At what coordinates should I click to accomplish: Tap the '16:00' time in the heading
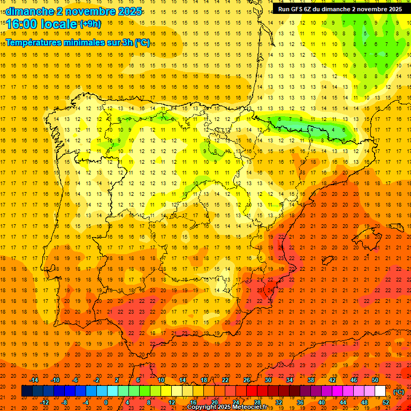point(22,24)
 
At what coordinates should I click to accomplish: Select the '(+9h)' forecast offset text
point(89,24)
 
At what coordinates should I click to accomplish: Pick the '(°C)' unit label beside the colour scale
point(399,392)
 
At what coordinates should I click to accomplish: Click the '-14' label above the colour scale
point(34,380)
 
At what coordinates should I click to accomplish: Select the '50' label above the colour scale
point(375,380)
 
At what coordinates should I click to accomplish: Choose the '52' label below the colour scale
point(386,402)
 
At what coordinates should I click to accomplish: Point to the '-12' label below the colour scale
point(44,402)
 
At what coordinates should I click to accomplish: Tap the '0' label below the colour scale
point(106,402)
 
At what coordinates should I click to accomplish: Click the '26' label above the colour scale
point(247,380)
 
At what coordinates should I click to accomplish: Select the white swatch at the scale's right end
point(380,391)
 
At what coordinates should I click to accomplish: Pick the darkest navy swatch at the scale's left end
point(27,391)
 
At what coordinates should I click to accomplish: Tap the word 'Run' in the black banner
point(283,9)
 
